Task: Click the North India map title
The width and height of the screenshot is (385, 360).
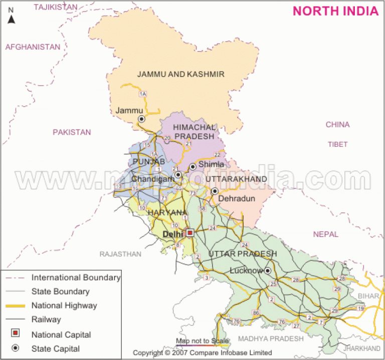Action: [335, 11]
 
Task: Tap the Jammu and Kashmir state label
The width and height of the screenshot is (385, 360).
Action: [181, 74]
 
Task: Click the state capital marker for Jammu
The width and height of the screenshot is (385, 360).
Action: [142, 119]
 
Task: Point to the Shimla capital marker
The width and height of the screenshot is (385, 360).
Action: [192, 166]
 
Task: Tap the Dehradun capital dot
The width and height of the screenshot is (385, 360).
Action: [215, 191]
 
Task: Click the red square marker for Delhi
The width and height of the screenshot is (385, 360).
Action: [190, 233]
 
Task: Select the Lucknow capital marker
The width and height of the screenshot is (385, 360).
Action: [268, 271]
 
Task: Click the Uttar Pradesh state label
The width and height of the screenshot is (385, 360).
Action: [243, 254]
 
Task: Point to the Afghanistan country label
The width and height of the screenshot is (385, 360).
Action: [33, 47]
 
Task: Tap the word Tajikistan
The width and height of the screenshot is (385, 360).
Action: [56, 7]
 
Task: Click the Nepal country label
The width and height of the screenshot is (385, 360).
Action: [326, 234]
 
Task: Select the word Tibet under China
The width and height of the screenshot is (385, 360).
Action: [337, 144]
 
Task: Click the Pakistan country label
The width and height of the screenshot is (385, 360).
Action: [72, 132]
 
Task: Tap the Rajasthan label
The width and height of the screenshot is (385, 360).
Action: [120, 254]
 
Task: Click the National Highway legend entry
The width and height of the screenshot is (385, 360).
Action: [64, 305]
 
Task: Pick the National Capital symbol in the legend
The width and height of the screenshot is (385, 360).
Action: [16, 334]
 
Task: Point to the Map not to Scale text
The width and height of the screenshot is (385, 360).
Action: [203, 341]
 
